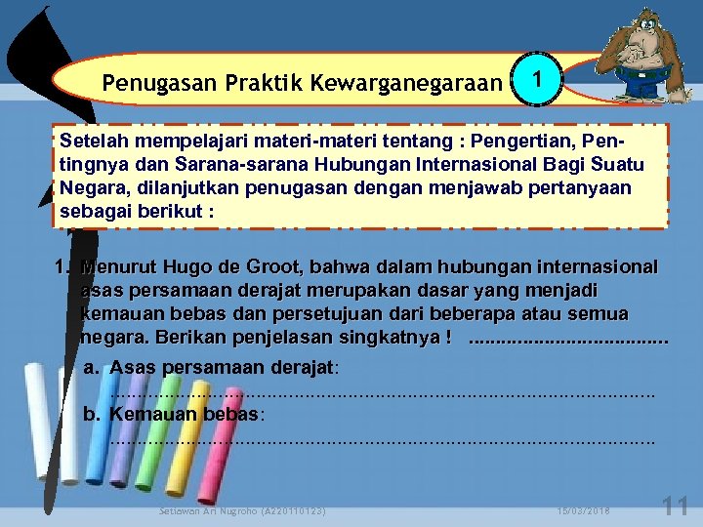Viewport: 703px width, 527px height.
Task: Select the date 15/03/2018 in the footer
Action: click(584, 510)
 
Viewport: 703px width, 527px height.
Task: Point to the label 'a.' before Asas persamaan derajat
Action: click(92, 367)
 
